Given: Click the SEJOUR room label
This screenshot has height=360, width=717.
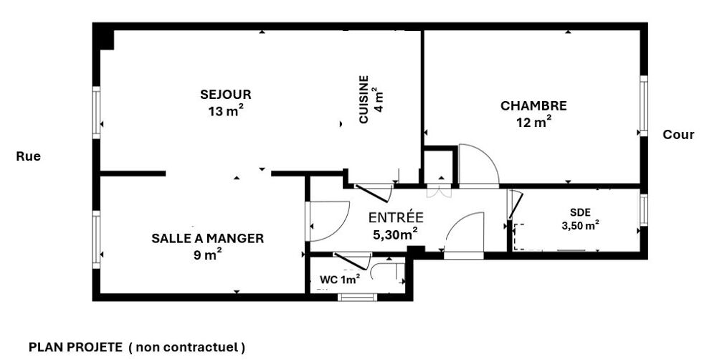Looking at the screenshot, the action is (x=225, y=95).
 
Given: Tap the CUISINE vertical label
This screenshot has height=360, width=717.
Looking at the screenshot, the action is (x=364, y=99).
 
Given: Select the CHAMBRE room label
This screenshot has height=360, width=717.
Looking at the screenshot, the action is (x=533, y=106).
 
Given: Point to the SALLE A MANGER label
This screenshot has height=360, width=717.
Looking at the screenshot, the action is (x=208, y=238).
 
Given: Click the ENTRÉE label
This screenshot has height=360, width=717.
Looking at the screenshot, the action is (x=396, y=218).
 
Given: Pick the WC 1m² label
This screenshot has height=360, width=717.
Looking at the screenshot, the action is (x=340, y=279).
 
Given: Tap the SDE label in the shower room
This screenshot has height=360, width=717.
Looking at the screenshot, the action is (x=580, y=212).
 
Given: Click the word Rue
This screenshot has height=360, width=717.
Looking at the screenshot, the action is (x=29, y=156).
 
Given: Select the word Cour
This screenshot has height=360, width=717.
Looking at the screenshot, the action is (x=678, y=135).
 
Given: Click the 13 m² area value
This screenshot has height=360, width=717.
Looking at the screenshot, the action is (x=226, y=110).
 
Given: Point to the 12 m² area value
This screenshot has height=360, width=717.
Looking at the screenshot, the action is (x=533, y=122).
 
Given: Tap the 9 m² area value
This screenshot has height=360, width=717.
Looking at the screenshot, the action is (x=208, y=255).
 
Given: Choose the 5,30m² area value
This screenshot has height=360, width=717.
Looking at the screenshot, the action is (x=395, y=235).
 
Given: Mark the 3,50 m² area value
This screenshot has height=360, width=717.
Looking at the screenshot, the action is (x=581, y=224).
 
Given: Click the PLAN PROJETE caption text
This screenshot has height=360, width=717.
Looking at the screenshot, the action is (x=75, y=348).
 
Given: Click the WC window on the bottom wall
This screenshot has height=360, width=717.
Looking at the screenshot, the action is (x=358, y=297).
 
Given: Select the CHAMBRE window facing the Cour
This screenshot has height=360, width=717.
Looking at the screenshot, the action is (x=643, y=105).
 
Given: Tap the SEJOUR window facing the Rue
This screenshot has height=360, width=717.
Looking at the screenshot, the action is (x=96, y=113).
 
